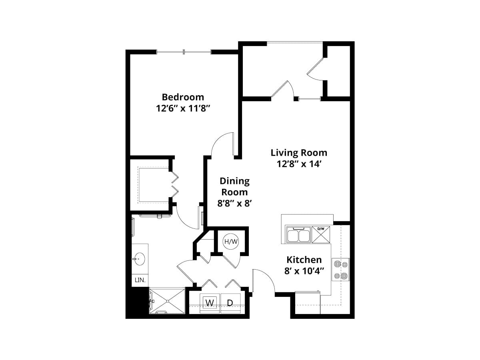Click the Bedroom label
(x=183, y=97)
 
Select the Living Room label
(x=299, y=152)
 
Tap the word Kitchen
(x=304, y=260)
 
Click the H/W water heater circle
(x=231, y=242)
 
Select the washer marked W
(x=209, y=303)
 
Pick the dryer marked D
(x=230, y=303)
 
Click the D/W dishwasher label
(x=320, y=229)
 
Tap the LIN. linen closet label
(x=140, y=280)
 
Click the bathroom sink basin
(x=139, y=259)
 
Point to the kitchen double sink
(x=298, y=235)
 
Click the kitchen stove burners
(x=340, y=270)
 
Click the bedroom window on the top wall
(x=184, y=52)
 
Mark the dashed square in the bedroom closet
(x=154, y=184)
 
